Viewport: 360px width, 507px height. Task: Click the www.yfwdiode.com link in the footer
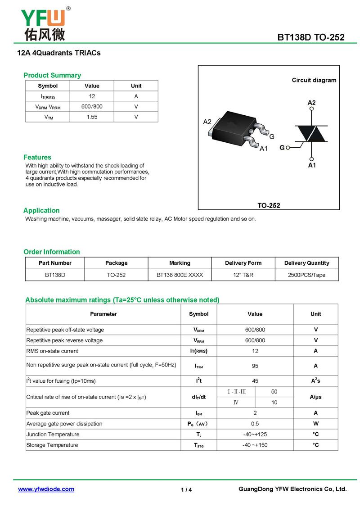(x=46, y=489)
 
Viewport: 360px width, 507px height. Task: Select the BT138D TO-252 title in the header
(x=311, y=37)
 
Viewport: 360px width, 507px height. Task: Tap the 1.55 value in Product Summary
(x=92, y=117)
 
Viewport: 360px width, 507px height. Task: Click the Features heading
(x=37, y=157)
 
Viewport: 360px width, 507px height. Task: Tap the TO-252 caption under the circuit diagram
(x=269, y=205)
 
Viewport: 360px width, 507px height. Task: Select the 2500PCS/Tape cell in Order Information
(x=306, y=275)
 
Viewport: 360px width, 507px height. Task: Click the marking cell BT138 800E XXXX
(x=180, y=275)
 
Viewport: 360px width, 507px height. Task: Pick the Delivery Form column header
(x=243, y=263)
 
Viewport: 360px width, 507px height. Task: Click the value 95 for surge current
(x=255, y=366)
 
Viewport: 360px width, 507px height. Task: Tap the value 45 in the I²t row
(x=255, y=381)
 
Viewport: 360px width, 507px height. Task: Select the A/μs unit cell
(x=315, y=397)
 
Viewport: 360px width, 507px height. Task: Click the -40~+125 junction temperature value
(x=255, y=435)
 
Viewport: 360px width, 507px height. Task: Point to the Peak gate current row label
(x=48, y=413)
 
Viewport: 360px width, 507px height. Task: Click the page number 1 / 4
(x=186, y=490)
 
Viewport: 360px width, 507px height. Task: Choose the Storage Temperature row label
(x=52, y=445)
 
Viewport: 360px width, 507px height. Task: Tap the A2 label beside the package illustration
(x=207, y=122)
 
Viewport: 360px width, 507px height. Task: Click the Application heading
(x=41, y=210)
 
